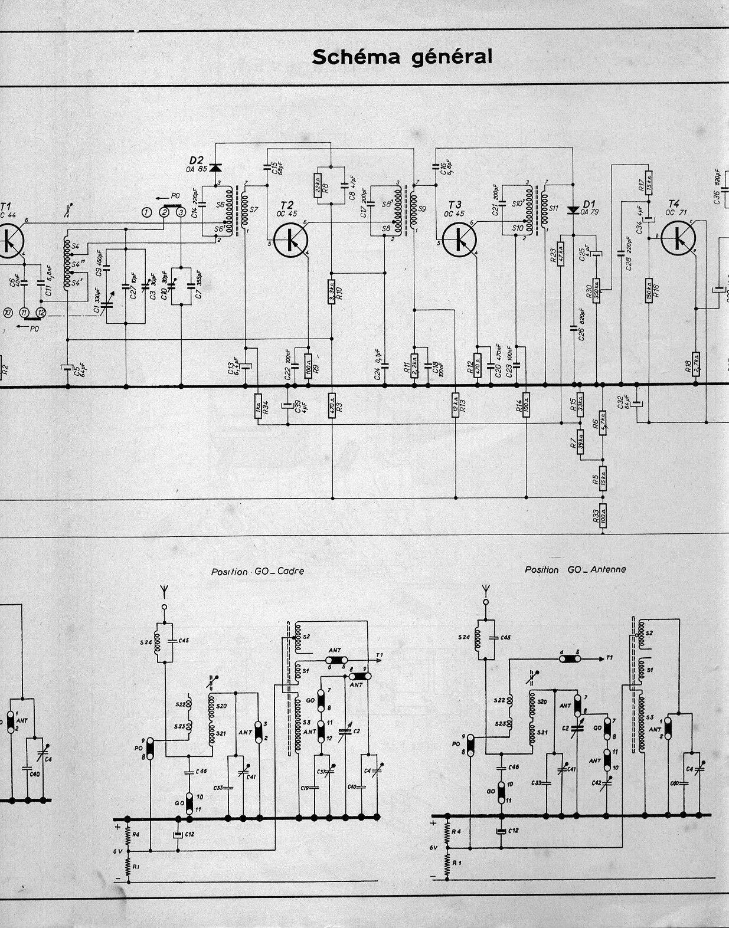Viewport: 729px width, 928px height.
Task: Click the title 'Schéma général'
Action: [401, 57]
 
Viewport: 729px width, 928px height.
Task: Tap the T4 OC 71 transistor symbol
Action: [678, 237]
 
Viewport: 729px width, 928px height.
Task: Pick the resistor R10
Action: [332, 291]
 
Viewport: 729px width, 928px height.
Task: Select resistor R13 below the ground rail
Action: [455, 405]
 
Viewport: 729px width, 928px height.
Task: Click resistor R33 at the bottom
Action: [603, 517]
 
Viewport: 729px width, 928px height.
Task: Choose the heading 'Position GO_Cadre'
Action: [257, 571]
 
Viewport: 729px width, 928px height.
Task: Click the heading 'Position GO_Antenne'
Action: [575, 569]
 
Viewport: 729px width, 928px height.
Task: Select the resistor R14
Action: [526, 405]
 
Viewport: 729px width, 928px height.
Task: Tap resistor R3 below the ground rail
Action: [332, 406]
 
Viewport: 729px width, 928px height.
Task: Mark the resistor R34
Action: [258, 406]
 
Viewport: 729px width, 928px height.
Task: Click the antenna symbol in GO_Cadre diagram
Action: [165, 591]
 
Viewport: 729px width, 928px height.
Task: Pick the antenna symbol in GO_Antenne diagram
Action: [486, 589]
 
